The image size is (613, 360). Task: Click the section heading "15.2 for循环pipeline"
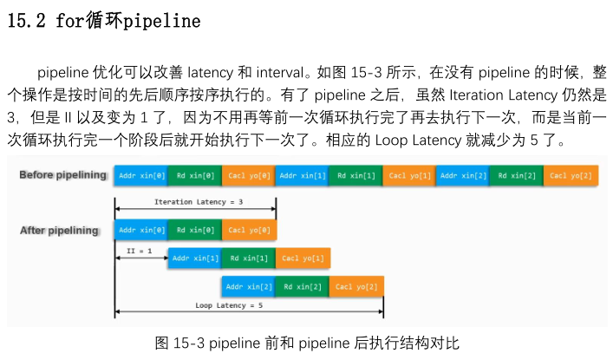pyautogui.click(x=103, y=22)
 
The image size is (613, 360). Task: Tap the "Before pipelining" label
pyautogui.click(x=62, y=175)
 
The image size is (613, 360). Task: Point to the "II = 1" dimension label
pyautogui.click(x=140, y=250)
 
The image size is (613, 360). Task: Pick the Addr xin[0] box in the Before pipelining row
pyautogui.click(x=140, y=175)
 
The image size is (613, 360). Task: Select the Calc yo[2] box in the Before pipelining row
pyautogui.click(x=571, y=175)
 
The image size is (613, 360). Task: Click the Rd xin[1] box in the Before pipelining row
pyautogui.click(x=355, y=175)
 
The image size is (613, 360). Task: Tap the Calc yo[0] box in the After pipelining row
pyautogui.click(x=249, y=230)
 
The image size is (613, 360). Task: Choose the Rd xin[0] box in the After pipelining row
pyautogui.click(x=194, y=230)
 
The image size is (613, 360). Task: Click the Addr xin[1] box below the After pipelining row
pyautogui.click(x=194, y=258)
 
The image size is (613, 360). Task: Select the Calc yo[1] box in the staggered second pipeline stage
pyautogui.click(x=303, y=258)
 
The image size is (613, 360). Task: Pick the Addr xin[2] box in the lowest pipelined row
pyautogui.click(x=248, y=286)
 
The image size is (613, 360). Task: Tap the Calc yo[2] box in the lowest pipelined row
pyautogui.click(x=356, y=286)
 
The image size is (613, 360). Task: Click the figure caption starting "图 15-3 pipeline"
pyautogui.click(x=305, y=343)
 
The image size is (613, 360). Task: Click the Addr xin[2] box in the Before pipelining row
pyautogui.click(x=463, y=175)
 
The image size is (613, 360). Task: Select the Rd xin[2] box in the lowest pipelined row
pyautogui.click(x=303, y=286)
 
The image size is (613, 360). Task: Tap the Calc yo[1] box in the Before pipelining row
pyautogui.click(x=409, y=175)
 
